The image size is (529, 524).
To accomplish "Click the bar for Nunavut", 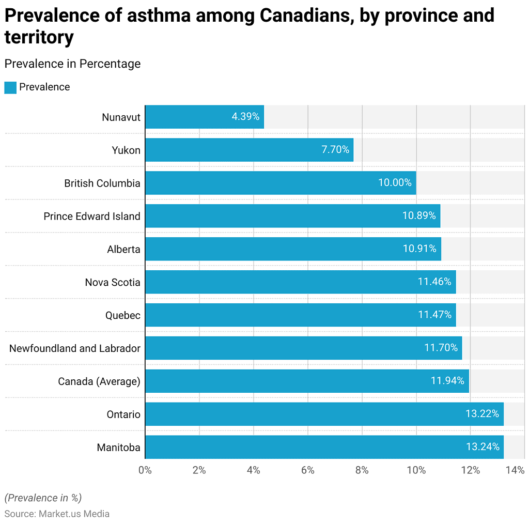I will point(204,117).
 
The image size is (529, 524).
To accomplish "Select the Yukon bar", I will point(249,150).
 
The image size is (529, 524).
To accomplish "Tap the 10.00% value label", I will point(395,183).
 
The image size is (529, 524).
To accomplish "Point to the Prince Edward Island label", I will point(92,216).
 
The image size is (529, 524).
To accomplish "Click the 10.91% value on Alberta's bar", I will point(419,249).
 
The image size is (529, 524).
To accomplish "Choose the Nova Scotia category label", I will point(113,282).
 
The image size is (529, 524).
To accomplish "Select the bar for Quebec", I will point(300,315).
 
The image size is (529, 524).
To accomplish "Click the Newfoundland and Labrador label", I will point(75,348).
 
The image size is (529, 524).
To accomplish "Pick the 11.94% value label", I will point(447,381).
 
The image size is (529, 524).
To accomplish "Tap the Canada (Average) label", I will point(99,381).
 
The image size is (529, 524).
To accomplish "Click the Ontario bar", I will point(324,414).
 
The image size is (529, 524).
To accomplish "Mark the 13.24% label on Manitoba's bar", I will point(483,448).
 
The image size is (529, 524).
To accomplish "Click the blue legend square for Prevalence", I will point(10,87).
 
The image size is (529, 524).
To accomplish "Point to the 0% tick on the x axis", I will point(145,470).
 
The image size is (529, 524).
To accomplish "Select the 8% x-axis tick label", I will point(362,470).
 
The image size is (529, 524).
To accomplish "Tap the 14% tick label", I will point(515,470).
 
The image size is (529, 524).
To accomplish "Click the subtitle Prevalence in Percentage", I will point(72,64).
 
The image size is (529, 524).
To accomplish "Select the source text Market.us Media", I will point(74,514).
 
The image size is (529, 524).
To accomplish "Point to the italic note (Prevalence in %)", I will point(43,498).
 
